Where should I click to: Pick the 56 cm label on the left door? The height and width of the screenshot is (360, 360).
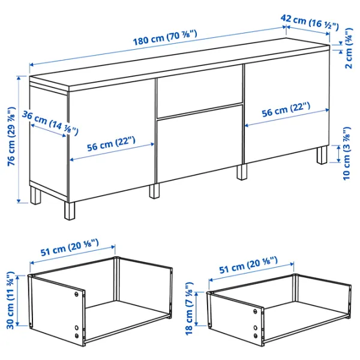coord(111,144)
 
